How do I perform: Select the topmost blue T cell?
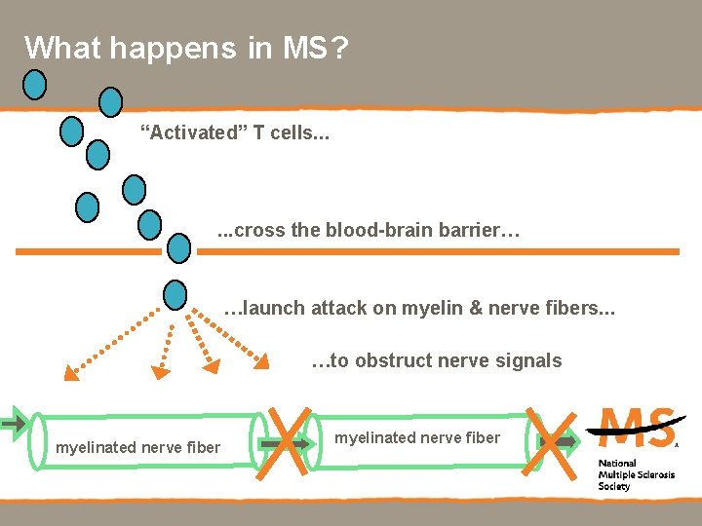pos(35,86)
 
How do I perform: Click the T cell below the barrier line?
pos(175,293)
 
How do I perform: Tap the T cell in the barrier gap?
pos(179,248)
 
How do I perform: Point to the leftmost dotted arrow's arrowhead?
pos(70,371)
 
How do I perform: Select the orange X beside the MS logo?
pos(549,440)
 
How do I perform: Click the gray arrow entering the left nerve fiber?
pos(14,424)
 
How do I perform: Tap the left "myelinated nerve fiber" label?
pos(137,448)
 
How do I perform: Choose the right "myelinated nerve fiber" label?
pos(417,438)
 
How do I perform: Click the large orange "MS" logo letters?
pos(638,427)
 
